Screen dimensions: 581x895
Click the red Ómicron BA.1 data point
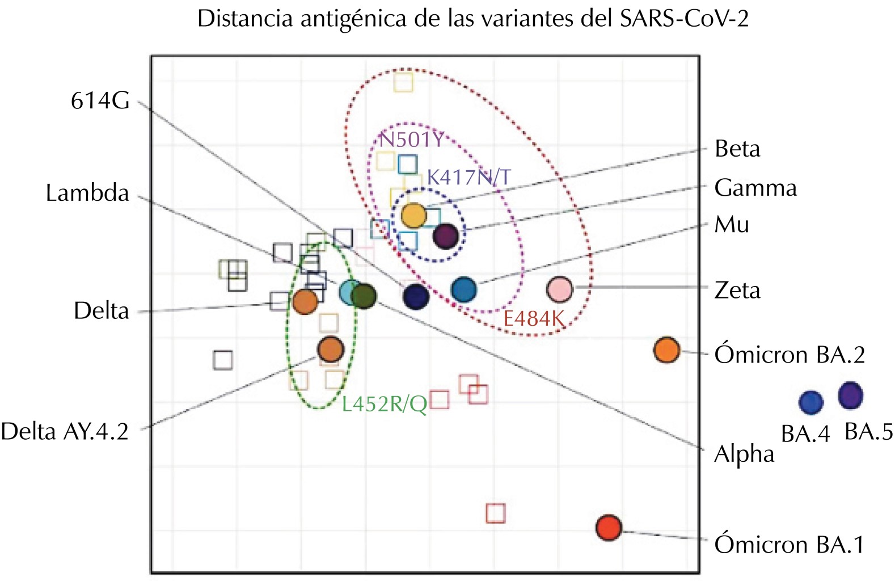click(x=609, y=528)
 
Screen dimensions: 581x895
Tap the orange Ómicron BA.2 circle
click(x=666, y=350)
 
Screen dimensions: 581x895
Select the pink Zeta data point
click(x=560, y=289)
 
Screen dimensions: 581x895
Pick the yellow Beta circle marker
click(x=413, y=216)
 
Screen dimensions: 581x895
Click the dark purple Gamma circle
click(x=445, y=235)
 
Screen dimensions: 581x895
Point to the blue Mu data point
click(x=464, y=290)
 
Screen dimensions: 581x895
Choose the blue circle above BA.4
click(x=811, y=403)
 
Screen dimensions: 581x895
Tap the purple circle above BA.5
click(x=850, y=395)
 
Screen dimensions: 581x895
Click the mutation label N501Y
click(x=412, y=140)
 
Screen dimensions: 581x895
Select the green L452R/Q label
click(x=385, y=404)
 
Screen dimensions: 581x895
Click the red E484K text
click(x=534, y=319)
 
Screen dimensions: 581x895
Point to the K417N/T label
click(x=468, y=177)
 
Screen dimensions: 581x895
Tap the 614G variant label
click(x=100, y=101)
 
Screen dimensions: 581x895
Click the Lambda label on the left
click(x=87, y=193)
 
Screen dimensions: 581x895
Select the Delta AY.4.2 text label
click(x=65, y=432)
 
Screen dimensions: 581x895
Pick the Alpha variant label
click(x=744, y=454)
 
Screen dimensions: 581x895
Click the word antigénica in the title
click(x=353, y=19)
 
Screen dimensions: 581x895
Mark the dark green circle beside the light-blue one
click(x=364, y=296)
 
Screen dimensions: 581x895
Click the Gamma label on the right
click(x=755, y=188)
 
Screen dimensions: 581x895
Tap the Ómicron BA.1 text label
click(x=789, y=545)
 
